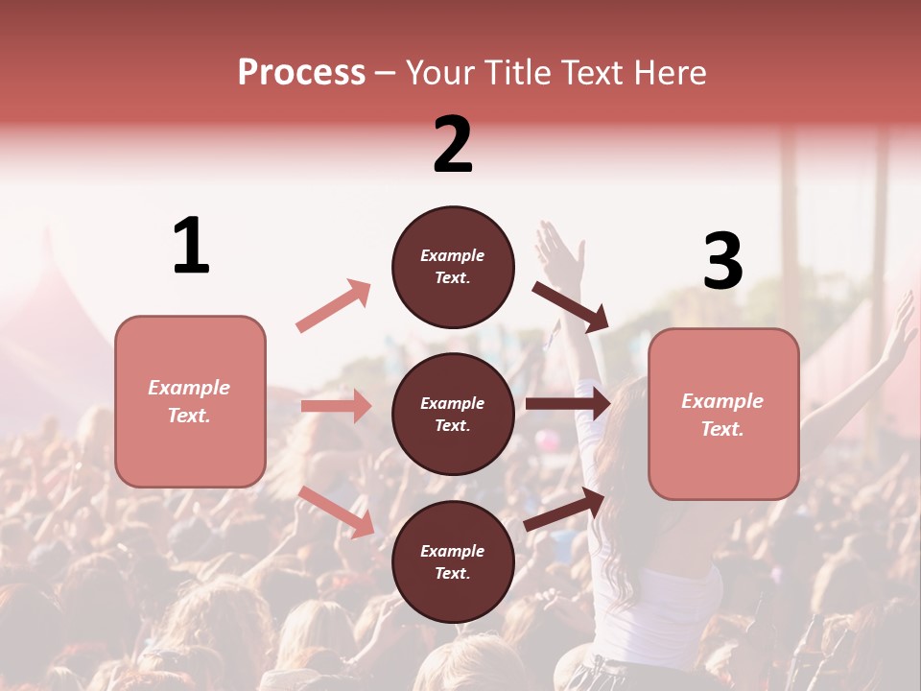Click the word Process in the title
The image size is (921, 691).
(x=301, y=73)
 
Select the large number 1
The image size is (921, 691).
(x=191, y=247)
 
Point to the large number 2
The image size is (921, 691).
(x=453, y=145)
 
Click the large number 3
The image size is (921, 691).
(x=723, y=261)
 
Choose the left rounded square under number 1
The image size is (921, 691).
(x=190, y=401)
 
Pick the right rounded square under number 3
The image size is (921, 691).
(x=723, y=414)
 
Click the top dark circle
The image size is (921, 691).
(x=453, y=267)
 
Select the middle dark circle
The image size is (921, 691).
(x=453, y=414)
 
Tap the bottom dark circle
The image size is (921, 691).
(x=453, y=561)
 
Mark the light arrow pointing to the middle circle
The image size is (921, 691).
(x=336, y=406)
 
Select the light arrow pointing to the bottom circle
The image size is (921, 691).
(x=337, y=512)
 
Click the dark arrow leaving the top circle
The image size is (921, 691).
(x=571, y=306)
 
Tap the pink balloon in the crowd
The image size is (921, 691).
(x=547, y=440)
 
